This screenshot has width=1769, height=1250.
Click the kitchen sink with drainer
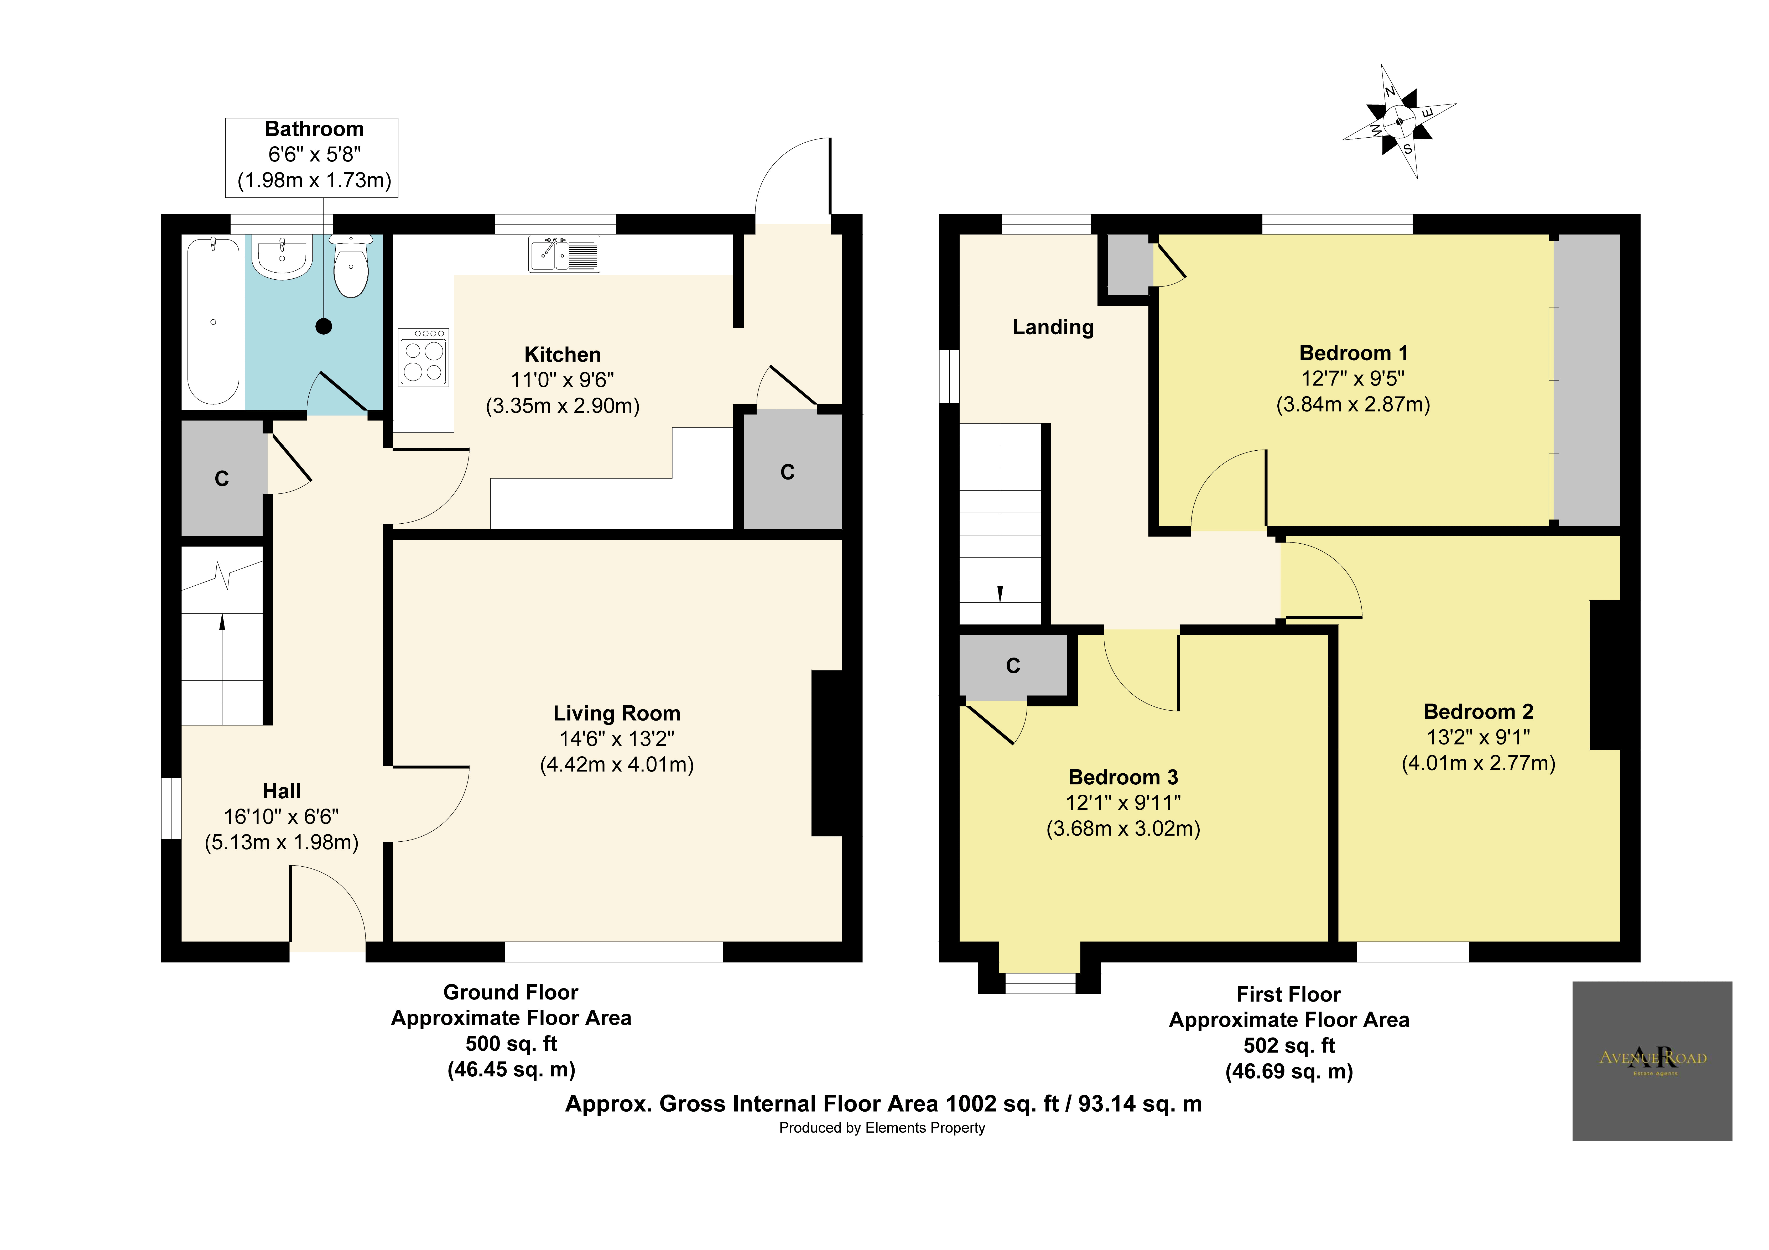pos(564,254)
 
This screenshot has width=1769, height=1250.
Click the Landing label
pos(1053,327)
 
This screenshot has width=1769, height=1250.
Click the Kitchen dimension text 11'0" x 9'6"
pos(563,380)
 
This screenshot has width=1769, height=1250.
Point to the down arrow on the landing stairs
pos(1000,593)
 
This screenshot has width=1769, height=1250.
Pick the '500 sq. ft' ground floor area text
pos(511,1044)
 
